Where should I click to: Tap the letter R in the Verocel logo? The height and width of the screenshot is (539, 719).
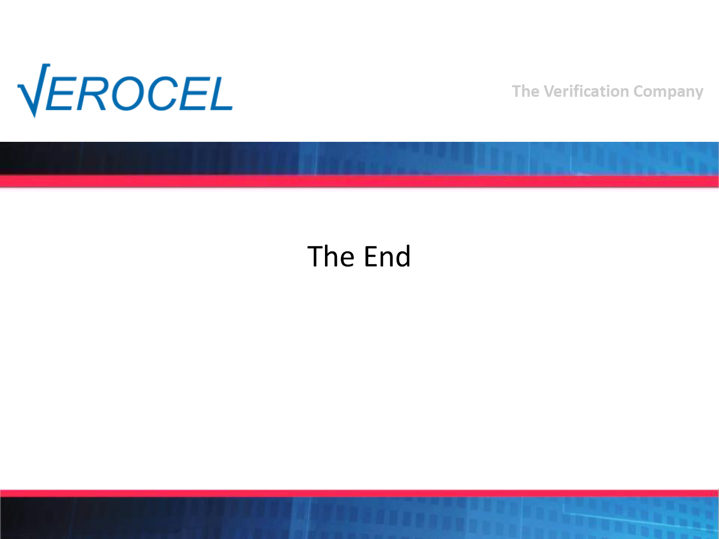[91, 93]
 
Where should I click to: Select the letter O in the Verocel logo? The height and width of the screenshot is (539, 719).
[128, 93]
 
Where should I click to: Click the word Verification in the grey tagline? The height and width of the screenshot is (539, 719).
[587, 91]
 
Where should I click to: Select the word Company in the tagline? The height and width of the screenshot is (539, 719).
[668, 92]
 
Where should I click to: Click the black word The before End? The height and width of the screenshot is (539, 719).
[331, 256]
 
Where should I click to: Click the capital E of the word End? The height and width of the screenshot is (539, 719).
[371, 256]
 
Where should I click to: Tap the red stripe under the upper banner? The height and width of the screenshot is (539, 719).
[359, 181]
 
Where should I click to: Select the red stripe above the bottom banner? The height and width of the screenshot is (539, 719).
[359, 493]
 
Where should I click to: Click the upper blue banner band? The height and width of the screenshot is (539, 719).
[359, 159]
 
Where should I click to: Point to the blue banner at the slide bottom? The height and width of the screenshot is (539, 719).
[359, 518]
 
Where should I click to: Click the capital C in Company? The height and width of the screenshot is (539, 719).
[639, 92]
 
